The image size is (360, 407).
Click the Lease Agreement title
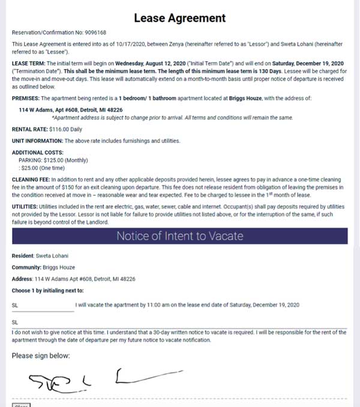click(x=179, y=18)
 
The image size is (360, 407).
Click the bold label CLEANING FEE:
click(x=30, y=179)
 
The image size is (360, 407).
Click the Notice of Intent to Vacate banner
click(x=179, y=236)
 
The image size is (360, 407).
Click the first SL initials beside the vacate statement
click(x=15, y=305)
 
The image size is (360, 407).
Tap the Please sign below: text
click(x=40, y=355)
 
